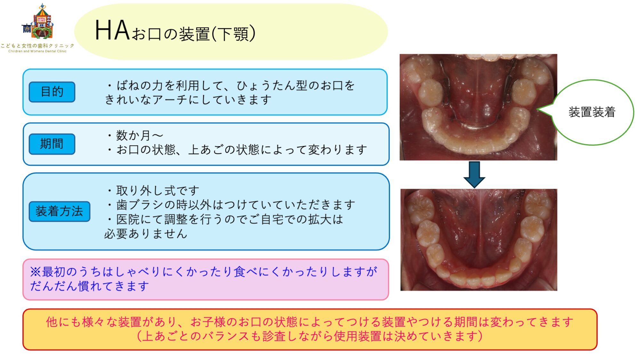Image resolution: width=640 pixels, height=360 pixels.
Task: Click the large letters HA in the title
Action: pos(112,31)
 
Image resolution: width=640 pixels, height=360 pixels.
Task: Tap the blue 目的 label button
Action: pos(52,92)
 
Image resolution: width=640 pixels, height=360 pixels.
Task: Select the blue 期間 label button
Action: pos(52,144)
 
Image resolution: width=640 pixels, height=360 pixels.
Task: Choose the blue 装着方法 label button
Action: pos(60,212)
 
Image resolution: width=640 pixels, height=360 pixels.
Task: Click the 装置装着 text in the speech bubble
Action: pos(592,112)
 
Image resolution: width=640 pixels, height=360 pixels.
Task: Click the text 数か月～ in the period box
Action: pos(140,135)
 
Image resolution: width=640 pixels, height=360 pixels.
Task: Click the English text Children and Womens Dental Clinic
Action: pos(37,51)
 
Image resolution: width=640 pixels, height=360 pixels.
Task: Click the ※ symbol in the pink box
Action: pos(36,272)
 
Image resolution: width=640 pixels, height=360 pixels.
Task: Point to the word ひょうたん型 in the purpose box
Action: pos(272,86)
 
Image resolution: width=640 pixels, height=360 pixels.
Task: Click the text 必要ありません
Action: pos(146,234)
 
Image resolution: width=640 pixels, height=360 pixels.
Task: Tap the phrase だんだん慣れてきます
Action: pos(90,286)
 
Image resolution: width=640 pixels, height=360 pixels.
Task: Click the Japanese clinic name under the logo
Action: pos(37,46)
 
